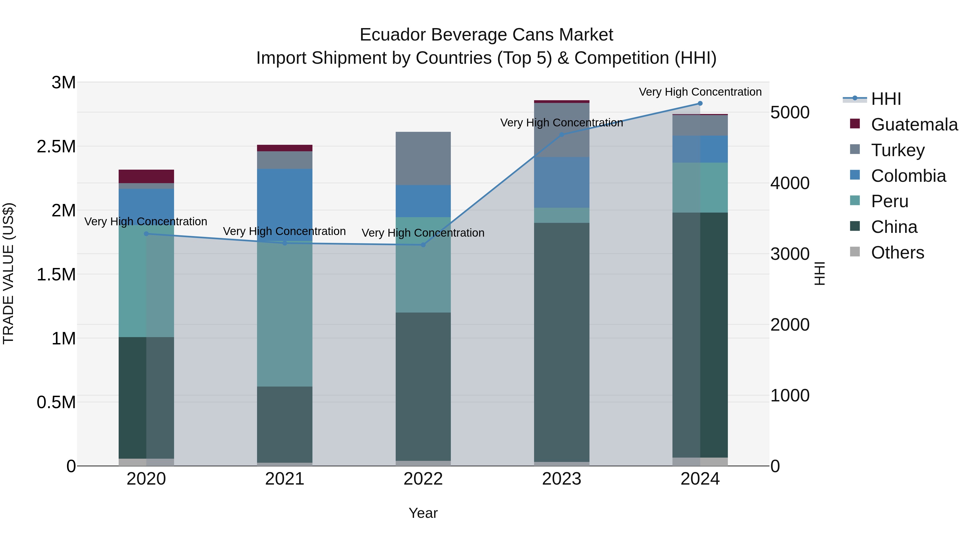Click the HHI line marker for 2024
[x=700, y=103]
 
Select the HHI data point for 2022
[x=423, y=245]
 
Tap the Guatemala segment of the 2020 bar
[x=146, y=176]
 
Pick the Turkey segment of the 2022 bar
[x=423, y=159]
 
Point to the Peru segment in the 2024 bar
[x=700, y=188]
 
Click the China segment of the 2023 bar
[x=561, y=342]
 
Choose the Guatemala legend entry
[x=914, y=125]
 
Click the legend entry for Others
[x=897, y=253]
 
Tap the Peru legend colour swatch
[x=855, y=200]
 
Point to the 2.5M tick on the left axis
[x=56, y=146]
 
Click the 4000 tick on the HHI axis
[x=790, y=183]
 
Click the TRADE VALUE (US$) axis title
[x=8, y=273]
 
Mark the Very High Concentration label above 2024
[x=700, y=92]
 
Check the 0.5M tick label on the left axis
[x=56, y=402]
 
